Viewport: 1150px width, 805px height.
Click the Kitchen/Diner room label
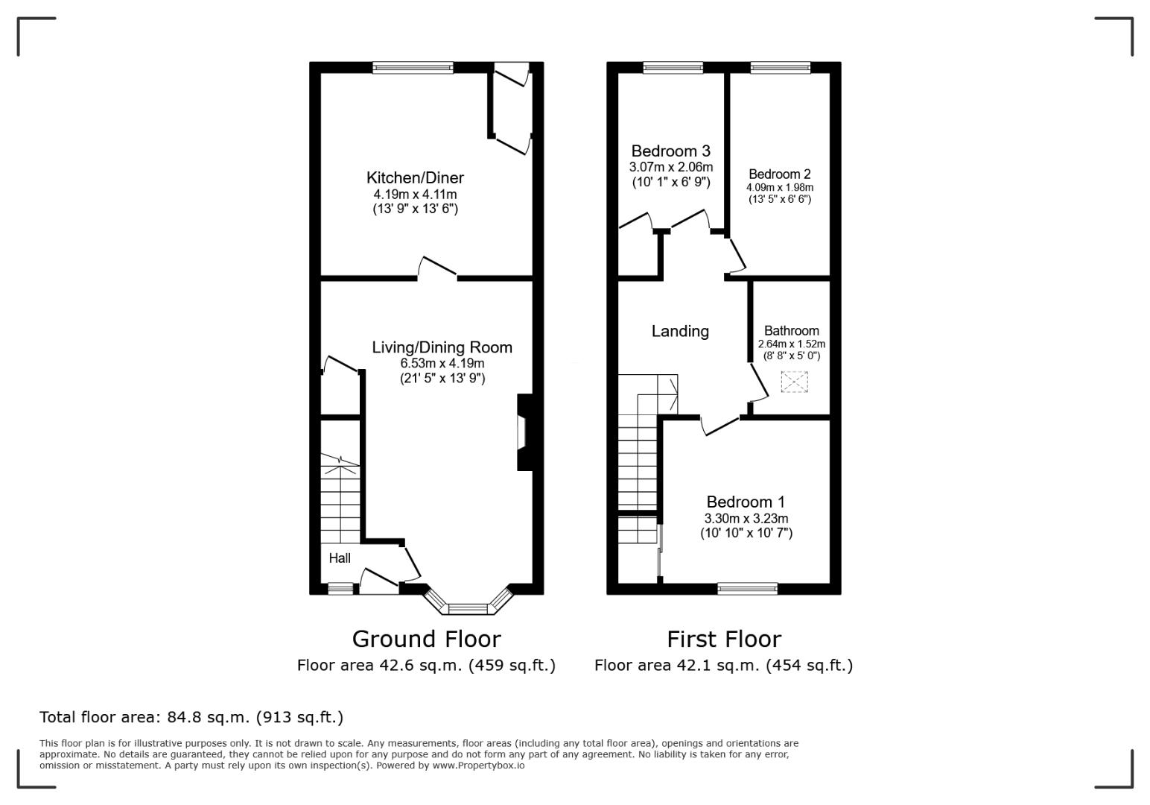415,177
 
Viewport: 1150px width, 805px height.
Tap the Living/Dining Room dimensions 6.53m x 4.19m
442,363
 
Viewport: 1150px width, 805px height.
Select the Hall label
340,558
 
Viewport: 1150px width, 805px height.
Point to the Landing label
680,332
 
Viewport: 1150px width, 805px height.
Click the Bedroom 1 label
746,502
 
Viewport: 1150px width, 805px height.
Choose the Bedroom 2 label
779,174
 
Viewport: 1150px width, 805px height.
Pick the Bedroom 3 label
670,151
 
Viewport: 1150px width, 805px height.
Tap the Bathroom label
791,330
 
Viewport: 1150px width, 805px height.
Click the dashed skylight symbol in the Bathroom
794,382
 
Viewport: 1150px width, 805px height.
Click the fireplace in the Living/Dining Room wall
524,432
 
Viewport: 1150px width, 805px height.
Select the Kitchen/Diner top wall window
413,67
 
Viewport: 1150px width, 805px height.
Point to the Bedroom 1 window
747,589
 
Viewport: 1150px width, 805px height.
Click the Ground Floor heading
426,639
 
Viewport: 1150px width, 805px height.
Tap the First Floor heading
724,639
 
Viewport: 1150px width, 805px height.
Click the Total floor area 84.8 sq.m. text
191,716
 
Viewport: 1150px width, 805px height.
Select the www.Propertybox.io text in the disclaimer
478,765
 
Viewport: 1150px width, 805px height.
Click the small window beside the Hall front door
341,589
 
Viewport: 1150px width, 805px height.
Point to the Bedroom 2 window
781,67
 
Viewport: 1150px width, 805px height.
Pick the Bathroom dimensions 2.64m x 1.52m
791,344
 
